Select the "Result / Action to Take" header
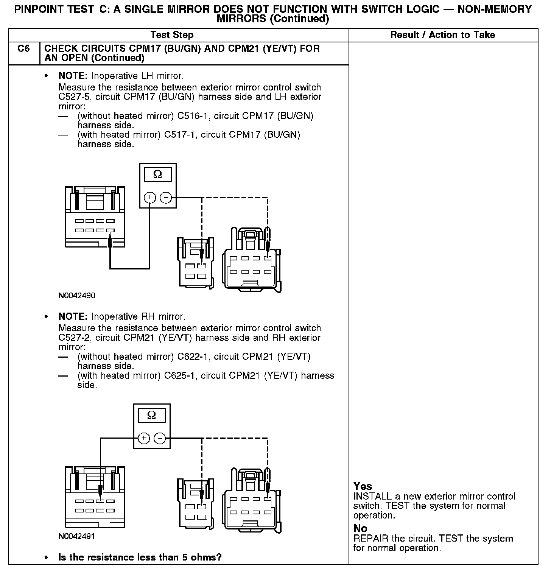pyautogui.click(x=442, y=35)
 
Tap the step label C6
pyautogui.click(x=23, y=49)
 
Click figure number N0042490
pyautogui.click(x=77, y=296)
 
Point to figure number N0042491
pyautogui.click(x=77, y=536)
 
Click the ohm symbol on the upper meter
pyautogui.click(x=157, y=175)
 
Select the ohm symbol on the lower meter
pyautogui.click(x=151, y=416)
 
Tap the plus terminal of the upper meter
pyautogui.click(x=150, y=198)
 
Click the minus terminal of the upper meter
pyautogui.click(x=166, y=198)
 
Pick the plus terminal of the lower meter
pyautogui.click(x=144, y=438)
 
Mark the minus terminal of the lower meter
pyautogui.click(x=160, y=438)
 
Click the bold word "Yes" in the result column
pyautogui.click(x=363, y=486)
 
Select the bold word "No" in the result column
pyautogui.click(x=360, y=528)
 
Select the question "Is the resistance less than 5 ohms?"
pyautogui.click(x=140, y=557)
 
